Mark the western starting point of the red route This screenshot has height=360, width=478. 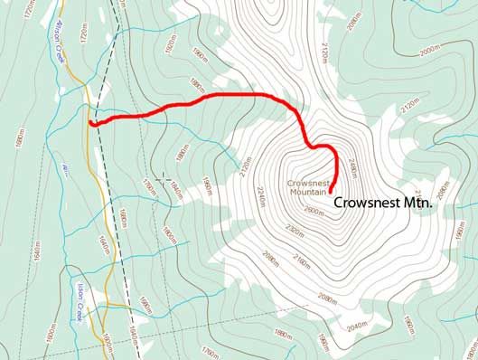91,123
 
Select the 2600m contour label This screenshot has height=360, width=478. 313,212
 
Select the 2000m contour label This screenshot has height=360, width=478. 427,52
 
